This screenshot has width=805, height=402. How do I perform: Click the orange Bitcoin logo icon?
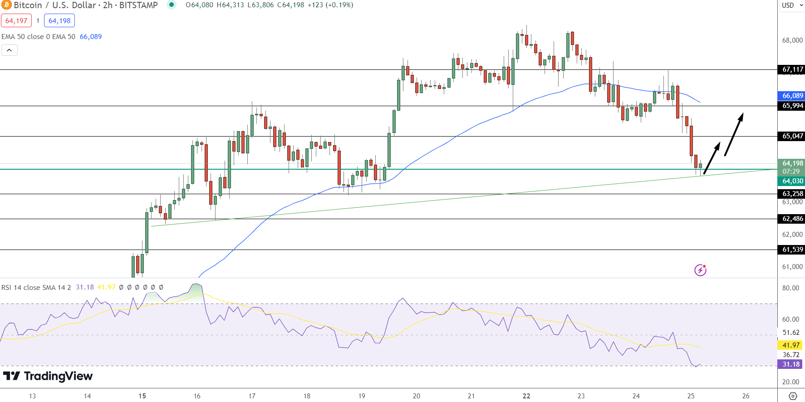click(6, 5)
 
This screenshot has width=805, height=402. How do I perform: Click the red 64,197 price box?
click(16, 20)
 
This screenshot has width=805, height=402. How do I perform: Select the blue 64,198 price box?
click(59, 20)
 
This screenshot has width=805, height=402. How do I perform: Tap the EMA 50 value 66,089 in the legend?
click(91, 37)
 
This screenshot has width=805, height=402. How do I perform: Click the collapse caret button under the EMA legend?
click(10, 50)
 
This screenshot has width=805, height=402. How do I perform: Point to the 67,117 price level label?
click(792, 69)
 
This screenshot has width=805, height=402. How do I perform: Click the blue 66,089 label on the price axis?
click(792, 96)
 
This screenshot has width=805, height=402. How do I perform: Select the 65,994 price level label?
click(792, 106)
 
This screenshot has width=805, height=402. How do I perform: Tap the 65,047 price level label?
click(792, 136)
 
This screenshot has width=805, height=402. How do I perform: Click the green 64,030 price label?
click(792, 181)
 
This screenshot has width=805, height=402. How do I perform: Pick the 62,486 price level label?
click(792, 219)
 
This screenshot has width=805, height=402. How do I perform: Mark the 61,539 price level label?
click(792, 250)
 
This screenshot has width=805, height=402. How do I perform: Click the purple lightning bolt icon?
click(700, 270)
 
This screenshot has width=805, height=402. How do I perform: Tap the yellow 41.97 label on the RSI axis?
click(791, 345)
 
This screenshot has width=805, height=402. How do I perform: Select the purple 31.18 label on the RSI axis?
click(791, 364)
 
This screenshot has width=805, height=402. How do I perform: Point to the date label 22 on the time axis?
click(526, 396)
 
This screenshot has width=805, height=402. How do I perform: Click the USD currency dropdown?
click(792, 5)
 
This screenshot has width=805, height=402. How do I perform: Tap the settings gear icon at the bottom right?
click(793, 396)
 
